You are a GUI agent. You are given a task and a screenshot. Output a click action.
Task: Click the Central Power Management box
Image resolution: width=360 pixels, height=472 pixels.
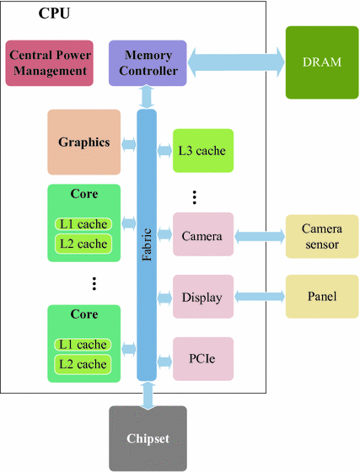pos(48,62)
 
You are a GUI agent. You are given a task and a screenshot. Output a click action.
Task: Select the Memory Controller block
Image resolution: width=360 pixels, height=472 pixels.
pos(148,62)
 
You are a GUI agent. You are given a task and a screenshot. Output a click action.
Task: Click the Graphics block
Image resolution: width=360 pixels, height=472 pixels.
pos(84,142)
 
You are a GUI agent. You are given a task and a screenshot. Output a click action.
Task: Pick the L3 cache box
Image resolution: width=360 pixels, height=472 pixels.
pos(201,151)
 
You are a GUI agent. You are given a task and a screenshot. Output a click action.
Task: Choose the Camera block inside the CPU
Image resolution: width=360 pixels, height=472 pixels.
pos(201,236)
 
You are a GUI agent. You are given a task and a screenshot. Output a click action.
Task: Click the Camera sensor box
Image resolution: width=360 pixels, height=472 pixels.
pos(320,236)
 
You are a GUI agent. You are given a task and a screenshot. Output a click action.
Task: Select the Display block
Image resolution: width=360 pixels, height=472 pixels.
pos(201,297)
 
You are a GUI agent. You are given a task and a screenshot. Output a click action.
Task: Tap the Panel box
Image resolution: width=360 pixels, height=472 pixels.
pos(320,297)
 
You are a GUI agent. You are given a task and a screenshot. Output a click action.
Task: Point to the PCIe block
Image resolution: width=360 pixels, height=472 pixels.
pos(201,357)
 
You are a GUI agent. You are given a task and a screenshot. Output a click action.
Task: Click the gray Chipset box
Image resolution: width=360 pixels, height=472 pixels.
pos(148,438)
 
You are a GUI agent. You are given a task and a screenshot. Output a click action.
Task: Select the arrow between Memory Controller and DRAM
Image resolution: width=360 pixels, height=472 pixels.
pos(235,62)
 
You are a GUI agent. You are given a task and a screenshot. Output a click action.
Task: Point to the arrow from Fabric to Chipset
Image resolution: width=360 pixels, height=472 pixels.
pos(148,394)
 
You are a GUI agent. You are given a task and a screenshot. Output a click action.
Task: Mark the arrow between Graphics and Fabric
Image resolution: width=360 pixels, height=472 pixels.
pos(128,143)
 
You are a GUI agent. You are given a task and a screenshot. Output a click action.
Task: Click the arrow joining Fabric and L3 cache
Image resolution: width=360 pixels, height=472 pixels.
pos(166,152)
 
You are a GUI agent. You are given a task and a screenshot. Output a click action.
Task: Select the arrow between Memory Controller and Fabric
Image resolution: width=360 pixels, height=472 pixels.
pos(148,96)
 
